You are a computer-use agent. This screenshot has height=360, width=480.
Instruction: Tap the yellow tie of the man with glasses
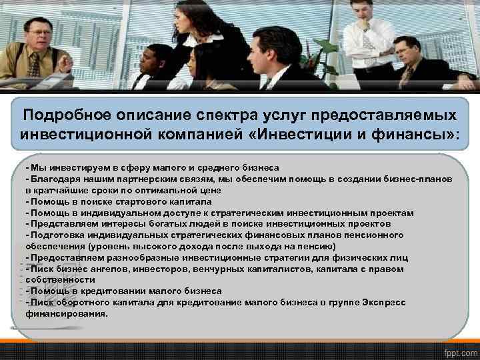point(33,65)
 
